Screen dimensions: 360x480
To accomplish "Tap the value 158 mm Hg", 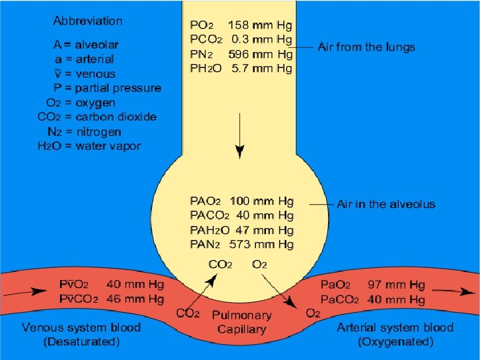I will (260, 25).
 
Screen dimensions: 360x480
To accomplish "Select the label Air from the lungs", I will (366, 47).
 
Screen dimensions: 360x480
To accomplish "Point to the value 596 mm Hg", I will (260, 54).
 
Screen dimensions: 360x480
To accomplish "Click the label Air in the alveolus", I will (386, 204).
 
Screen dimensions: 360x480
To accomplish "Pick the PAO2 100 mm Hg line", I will (241, 201).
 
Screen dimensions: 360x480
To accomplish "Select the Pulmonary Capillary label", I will (241, 321).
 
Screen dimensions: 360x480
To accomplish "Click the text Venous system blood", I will (81, 327).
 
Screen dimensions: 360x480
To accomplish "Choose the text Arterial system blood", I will (395, 327).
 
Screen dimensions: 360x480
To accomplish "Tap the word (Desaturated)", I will (81, 342).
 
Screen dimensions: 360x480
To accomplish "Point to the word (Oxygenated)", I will (395, 342).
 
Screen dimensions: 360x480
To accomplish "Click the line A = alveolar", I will (86, 45).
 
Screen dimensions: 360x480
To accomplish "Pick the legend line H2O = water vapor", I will (89, 146).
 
